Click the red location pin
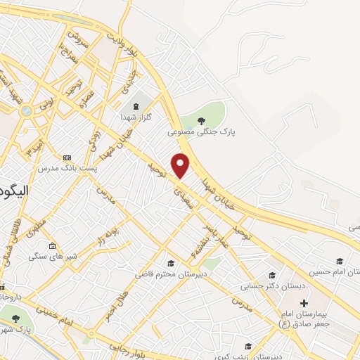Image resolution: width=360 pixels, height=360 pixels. (x=181, y=165)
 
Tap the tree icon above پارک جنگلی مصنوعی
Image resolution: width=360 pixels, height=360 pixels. (x=201, y=120)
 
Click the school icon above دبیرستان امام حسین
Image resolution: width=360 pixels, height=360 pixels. (x=340, y=261)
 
